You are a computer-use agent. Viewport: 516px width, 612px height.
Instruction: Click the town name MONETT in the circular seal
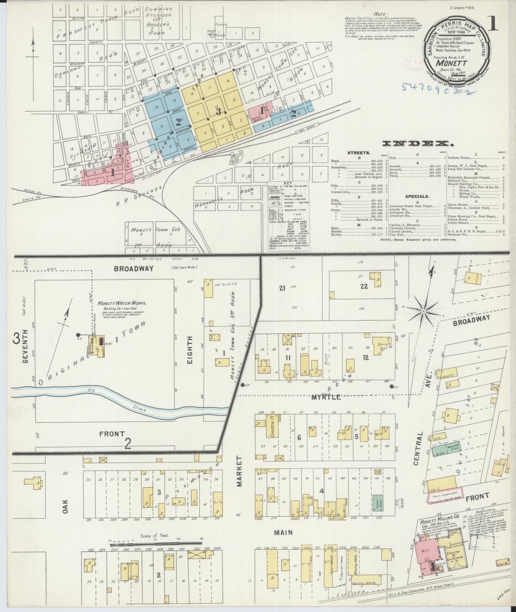coord(451,61)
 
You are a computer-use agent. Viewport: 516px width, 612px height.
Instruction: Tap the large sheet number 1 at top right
coord(497,24)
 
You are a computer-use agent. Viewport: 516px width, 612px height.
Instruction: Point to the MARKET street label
coord(239,471)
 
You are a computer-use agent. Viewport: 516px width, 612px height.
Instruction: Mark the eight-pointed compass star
coord(423,312)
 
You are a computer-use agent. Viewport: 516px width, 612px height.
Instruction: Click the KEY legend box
coord(288,216)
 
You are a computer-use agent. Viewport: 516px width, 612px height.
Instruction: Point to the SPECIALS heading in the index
coord(417,196)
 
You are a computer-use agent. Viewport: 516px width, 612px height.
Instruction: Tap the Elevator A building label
coord(453,564)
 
